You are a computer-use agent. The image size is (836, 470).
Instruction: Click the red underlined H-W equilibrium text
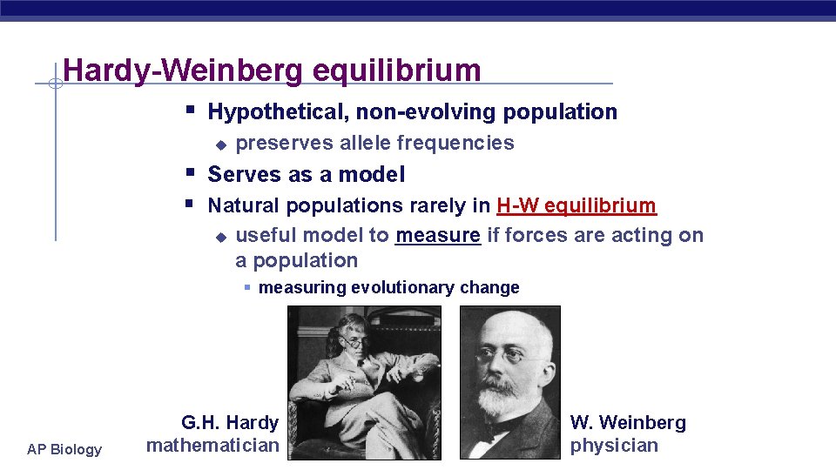tap(576, 206)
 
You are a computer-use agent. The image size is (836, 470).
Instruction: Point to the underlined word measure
tap(437, 235)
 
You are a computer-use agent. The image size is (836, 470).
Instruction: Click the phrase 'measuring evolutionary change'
tap(388, 288)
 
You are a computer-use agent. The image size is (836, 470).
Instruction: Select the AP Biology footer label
tap(64, 449)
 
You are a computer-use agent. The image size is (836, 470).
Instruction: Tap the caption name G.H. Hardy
tap(229, 423)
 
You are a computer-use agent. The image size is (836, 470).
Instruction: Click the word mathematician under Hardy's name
tap(212, 446)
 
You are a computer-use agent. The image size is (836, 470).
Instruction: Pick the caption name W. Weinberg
tap(628, 423)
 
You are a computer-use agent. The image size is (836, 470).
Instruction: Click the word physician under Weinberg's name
tap(614, 446)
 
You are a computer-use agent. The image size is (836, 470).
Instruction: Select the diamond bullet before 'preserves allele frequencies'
tap(221, 144)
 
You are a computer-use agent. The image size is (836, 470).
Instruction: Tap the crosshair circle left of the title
tap(54, 84)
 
